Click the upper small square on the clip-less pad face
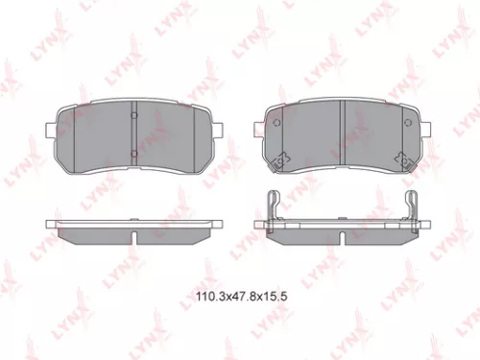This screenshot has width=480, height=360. [133, 117]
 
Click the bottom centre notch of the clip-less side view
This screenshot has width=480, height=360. [133, 236]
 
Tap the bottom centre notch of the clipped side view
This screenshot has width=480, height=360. [344, 236]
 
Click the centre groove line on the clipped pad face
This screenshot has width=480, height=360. [344, 134]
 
